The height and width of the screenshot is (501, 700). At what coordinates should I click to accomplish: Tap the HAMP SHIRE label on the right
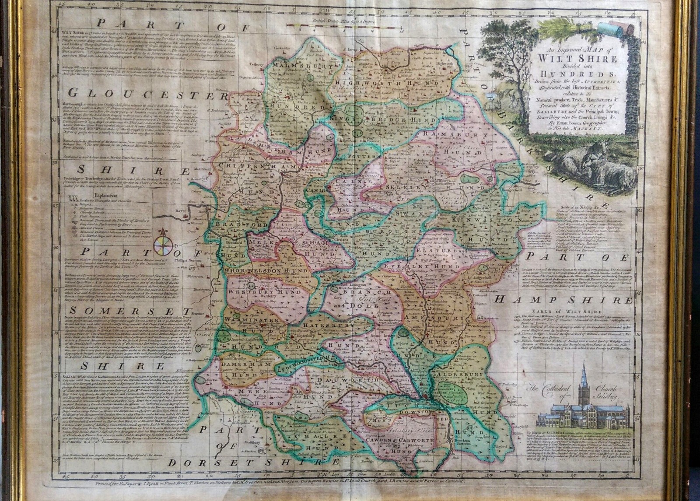pyautogui.click(x=563, y=300)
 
